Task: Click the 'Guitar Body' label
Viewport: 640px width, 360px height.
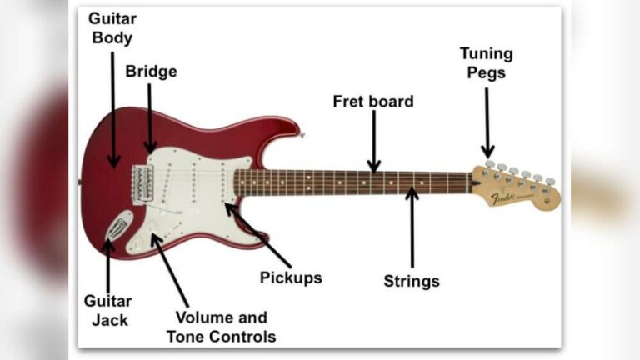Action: [x=112, y=27]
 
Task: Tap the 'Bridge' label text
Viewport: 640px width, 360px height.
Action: [x=151, y=72]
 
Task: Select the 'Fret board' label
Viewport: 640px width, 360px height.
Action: [x=373, y=102]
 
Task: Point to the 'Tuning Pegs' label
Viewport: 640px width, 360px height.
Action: [x=487, y=63]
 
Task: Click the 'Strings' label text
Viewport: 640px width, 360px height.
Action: [x=412, y=281]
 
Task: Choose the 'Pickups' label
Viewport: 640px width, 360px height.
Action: [x=291, y=277]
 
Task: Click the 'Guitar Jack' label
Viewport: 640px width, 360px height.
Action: [x=107, y=310]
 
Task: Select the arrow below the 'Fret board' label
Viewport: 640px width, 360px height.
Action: [x=374, y=141]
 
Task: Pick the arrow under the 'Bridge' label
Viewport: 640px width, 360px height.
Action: [x=151, y=117]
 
